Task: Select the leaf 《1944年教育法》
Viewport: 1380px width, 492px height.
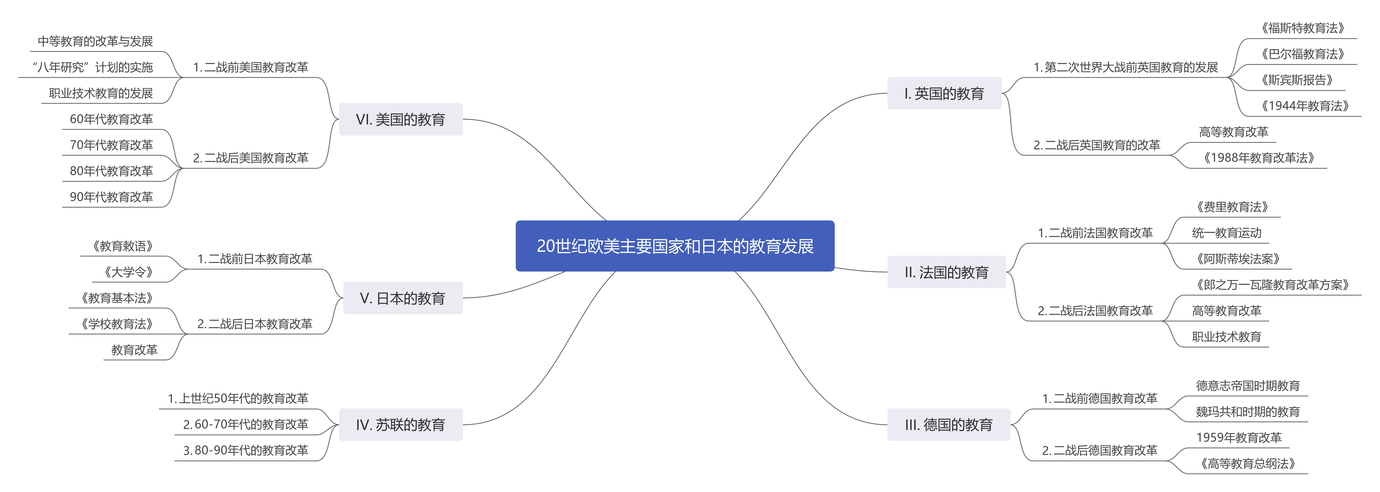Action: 1304,106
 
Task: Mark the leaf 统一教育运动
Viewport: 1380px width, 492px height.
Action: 1226,233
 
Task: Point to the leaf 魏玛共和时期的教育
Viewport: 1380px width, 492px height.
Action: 1248,412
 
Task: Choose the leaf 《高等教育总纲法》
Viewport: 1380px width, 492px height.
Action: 1248,464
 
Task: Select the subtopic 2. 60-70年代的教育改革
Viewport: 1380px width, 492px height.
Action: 246,425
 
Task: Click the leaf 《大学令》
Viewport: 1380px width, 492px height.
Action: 129,272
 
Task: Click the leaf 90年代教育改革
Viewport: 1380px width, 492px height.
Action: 111,197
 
